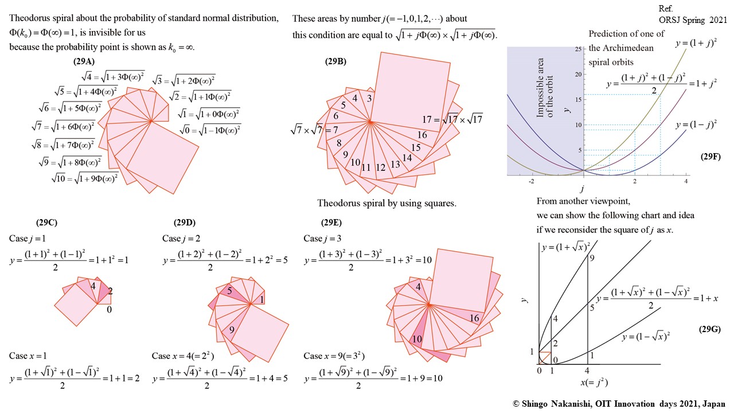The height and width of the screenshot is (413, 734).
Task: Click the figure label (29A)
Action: click(85, 61)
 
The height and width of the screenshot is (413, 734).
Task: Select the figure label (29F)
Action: click(710, 156)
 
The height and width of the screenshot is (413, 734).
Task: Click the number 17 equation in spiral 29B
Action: click(458, 120)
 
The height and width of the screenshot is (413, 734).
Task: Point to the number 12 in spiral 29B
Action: click(380, 168)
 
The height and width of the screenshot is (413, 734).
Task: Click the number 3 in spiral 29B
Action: click(369, 99)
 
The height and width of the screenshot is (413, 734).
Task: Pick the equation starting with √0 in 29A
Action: click(209, 130)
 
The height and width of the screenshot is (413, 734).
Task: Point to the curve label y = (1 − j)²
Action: click(698, 125)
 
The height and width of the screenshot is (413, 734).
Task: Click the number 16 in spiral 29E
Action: click(474, 318)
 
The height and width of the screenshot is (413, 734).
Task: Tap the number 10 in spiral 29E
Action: click(417, 339)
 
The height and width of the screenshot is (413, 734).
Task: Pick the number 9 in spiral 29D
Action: click(231, 330)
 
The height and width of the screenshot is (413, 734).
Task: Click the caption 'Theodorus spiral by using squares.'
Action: click(386, 203)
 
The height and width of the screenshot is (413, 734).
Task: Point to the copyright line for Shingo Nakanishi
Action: click(619, 404)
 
